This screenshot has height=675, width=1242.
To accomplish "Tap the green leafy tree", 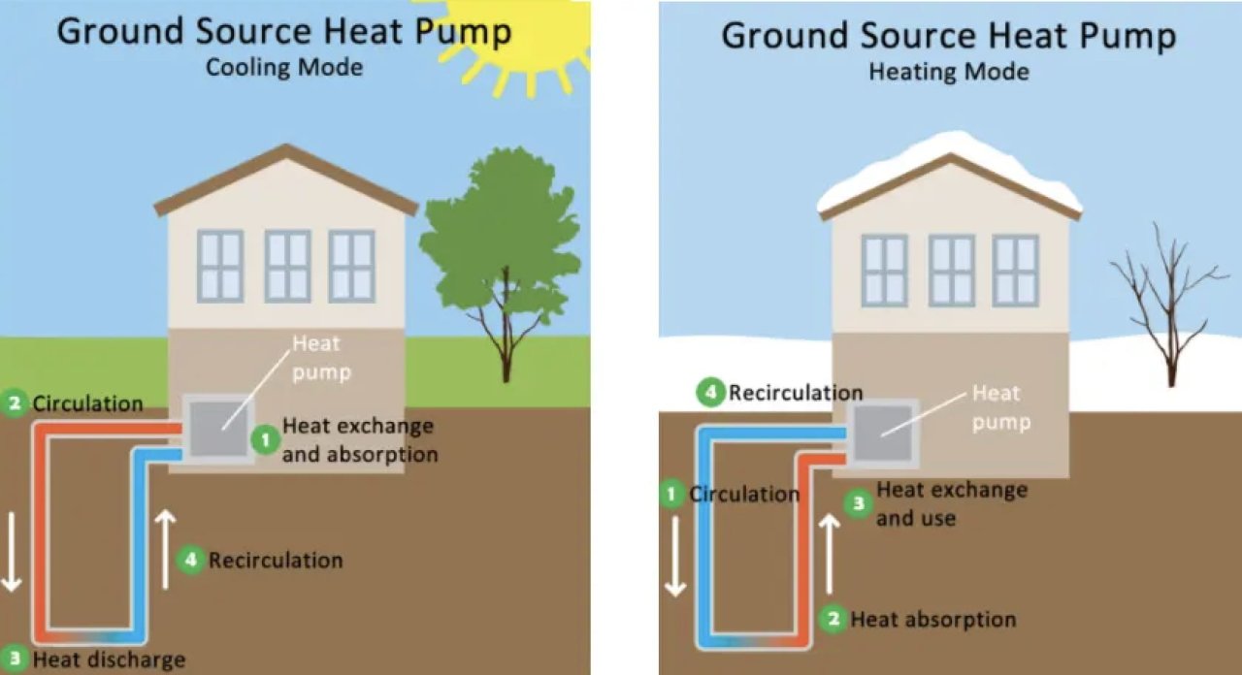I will (x=499, y=242).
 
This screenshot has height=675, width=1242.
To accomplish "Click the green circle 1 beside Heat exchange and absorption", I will (x=265, y=439).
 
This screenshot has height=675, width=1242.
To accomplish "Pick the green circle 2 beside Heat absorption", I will (x=833, y=619).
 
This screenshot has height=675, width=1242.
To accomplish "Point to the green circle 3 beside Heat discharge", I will (x=14, y=659).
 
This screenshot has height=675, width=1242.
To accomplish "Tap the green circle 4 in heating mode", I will (x=711, y=393).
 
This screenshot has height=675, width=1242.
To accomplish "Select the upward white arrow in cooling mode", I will (x=166, y=549).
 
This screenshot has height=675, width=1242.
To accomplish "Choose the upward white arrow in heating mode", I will (x=830, y=553).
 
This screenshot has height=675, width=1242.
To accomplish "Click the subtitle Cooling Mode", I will (x=284, y=68).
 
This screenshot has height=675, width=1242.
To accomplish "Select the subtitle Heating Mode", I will (x=948, y=72).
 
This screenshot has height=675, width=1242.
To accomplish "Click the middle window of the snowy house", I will (x=951, y=270).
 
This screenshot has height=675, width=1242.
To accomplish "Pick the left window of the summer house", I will (x=220, y=265).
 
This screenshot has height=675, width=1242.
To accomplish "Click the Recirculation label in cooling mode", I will (x=276, y=560).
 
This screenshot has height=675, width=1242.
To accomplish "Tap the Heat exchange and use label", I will (x=951, y=503).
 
